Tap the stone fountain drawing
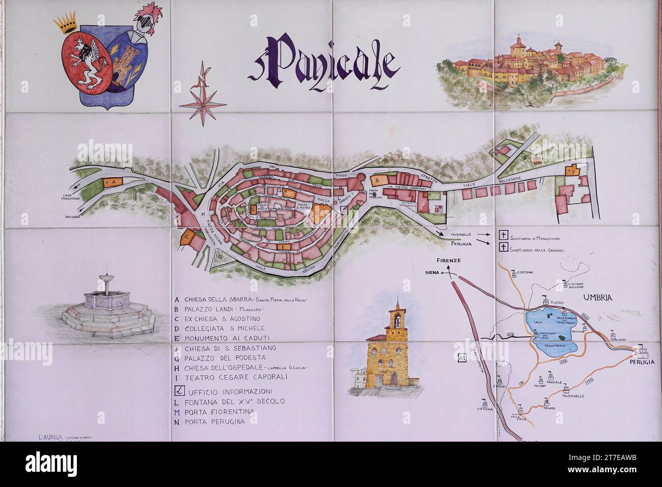click(106, 306)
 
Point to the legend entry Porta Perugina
click(214, 421)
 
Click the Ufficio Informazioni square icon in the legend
click(179, 391)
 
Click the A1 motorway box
click(462, 358)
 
